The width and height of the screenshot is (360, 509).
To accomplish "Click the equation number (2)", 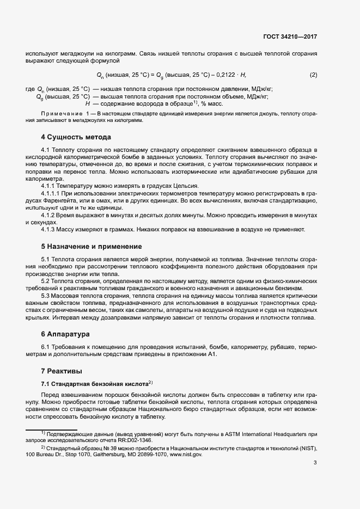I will tap(313, 75).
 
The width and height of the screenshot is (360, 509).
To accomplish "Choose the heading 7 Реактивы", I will tap(61, 371).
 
